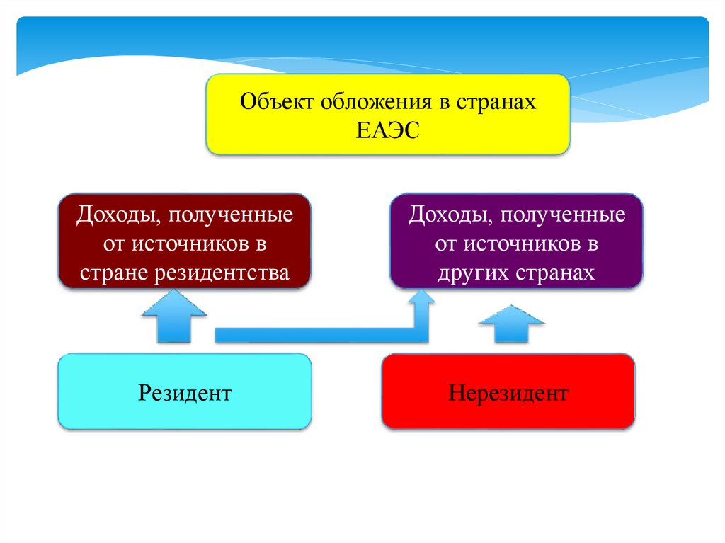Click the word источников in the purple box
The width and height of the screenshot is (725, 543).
[519, 244]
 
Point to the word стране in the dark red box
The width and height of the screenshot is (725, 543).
[113, 273]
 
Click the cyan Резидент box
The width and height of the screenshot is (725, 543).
[185, 392]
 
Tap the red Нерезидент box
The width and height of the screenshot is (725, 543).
[508, 392]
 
